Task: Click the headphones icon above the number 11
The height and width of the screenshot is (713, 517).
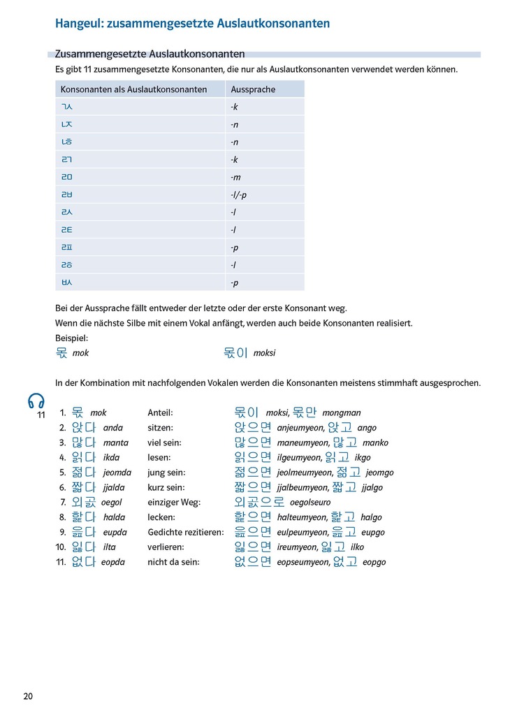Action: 36,401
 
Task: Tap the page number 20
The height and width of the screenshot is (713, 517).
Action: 28,696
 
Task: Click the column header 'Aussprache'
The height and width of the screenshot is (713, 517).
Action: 253,89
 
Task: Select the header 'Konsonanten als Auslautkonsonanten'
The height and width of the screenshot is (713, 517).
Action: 133,89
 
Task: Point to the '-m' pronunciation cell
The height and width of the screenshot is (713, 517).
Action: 235,178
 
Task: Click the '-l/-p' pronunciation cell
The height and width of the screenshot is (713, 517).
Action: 238,195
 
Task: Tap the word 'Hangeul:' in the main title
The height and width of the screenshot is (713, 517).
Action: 78,24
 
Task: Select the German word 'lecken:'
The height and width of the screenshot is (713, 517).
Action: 161,517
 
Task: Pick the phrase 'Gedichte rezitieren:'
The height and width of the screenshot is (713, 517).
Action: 185,532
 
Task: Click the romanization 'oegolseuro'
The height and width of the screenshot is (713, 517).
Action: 310,503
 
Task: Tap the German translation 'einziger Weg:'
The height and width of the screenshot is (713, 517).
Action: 174,503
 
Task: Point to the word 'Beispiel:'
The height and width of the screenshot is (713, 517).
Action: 72,338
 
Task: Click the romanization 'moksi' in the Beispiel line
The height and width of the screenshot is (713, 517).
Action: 264,353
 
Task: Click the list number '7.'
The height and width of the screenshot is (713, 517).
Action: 63,503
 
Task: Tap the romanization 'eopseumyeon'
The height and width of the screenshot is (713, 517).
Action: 303,562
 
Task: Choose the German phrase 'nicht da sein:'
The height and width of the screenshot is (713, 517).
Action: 173,562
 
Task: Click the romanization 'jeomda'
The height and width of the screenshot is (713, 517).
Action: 117,473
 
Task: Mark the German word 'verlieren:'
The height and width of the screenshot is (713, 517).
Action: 166,547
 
